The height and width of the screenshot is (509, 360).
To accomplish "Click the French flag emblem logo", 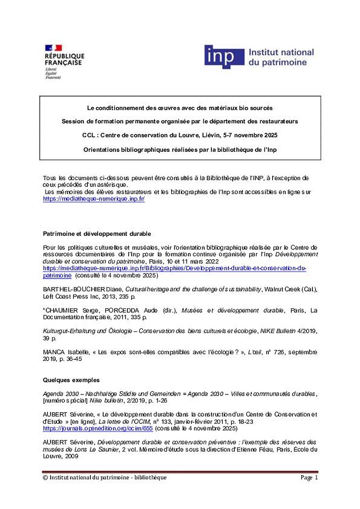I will point(53,48).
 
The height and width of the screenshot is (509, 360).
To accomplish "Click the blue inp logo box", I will point(224,57).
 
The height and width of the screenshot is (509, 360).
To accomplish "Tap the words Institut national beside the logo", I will point(281,53).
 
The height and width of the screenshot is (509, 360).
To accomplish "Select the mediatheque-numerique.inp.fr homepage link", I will point(94,199).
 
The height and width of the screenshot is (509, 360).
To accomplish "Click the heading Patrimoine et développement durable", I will point(97,234).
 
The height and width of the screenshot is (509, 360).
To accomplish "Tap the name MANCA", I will point(53,352).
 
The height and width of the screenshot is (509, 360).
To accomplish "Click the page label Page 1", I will point(309,478).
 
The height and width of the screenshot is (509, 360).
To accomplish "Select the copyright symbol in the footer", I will point(45,478).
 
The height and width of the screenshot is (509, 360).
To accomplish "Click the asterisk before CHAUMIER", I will point(44,310).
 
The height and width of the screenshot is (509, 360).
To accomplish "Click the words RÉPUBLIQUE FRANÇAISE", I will point(65,59).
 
